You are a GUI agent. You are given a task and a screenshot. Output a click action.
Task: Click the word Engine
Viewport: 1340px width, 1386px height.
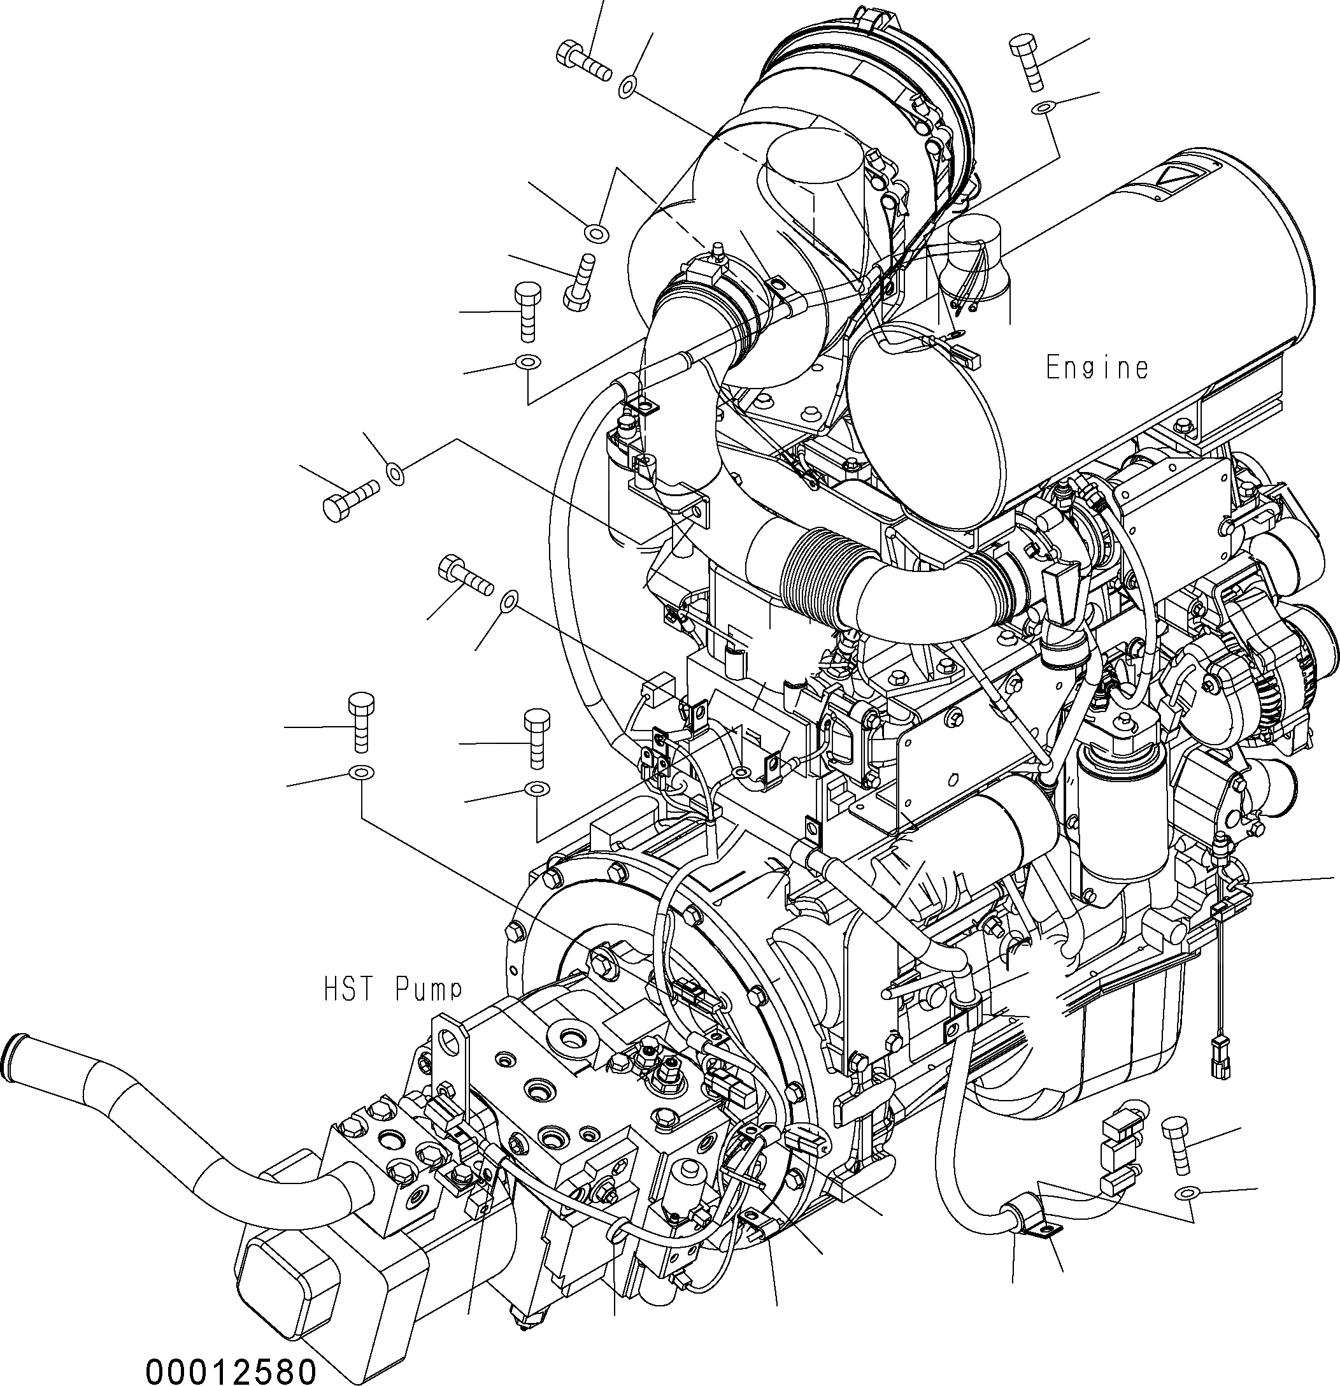point(1097,368)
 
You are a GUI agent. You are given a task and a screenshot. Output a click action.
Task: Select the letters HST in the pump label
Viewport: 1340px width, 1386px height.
point(353,989)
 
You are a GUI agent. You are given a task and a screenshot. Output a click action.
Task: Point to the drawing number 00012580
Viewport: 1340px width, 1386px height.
point(231,1369)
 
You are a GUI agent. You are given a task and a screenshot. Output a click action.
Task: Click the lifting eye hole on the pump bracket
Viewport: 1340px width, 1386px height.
point(448,1039)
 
